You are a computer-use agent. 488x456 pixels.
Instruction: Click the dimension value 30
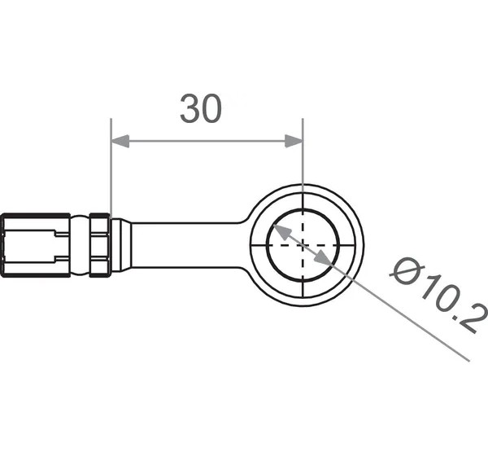[x=201, y=108]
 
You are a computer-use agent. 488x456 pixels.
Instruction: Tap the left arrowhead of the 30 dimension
[x=120, y=141]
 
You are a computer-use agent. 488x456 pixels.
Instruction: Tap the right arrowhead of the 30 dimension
[x=294, y=141]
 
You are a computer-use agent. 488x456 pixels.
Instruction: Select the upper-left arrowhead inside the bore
[x=281, y=232]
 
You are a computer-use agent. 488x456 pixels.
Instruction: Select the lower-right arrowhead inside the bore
[x=323, y=260]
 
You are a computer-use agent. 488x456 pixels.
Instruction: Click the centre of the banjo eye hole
[x=303, y=246]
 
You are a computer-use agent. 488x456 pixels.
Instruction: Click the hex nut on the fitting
[x=100, y=245]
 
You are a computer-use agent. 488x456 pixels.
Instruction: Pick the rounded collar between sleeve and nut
[x=80, y=245]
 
